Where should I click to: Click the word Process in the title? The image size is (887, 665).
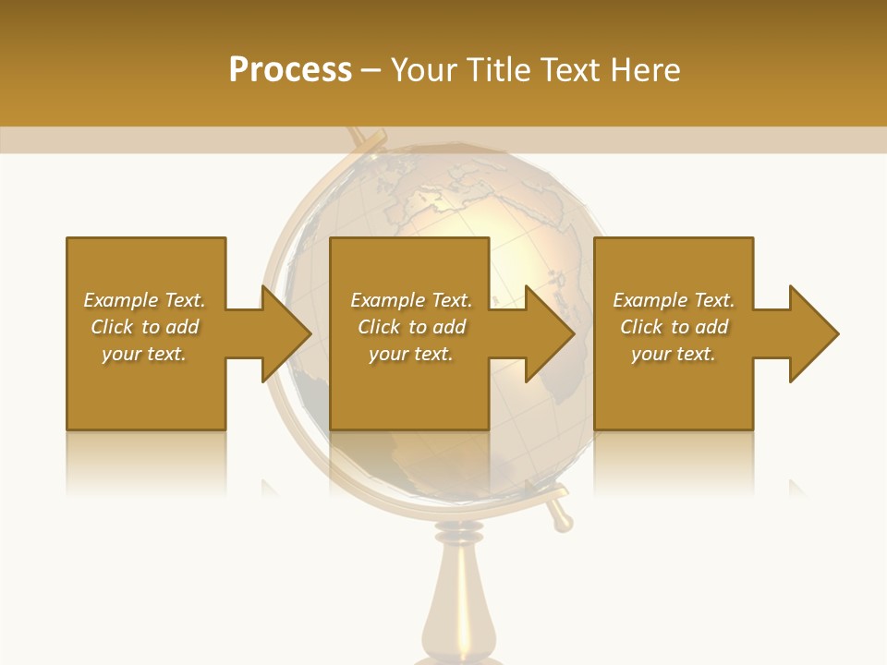(x=290, y=70)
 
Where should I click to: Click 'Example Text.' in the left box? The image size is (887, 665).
(x=144, y=300)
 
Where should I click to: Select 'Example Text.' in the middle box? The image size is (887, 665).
(x=411, y=300)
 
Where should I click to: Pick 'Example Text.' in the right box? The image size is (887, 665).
(x=674, y=300)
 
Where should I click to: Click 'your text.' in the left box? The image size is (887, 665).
(x=144, y=354)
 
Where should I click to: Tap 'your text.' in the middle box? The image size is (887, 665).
(x=411, y=354)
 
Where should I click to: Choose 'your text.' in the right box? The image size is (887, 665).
(x=674, y=354)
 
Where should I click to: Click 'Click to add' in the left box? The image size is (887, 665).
(x=144, y=327)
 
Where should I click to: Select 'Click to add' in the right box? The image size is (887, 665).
(x=674, y=327)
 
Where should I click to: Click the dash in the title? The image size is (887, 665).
(x=371, y=71)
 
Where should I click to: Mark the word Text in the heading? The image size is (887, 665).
(x=569, y=70)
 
